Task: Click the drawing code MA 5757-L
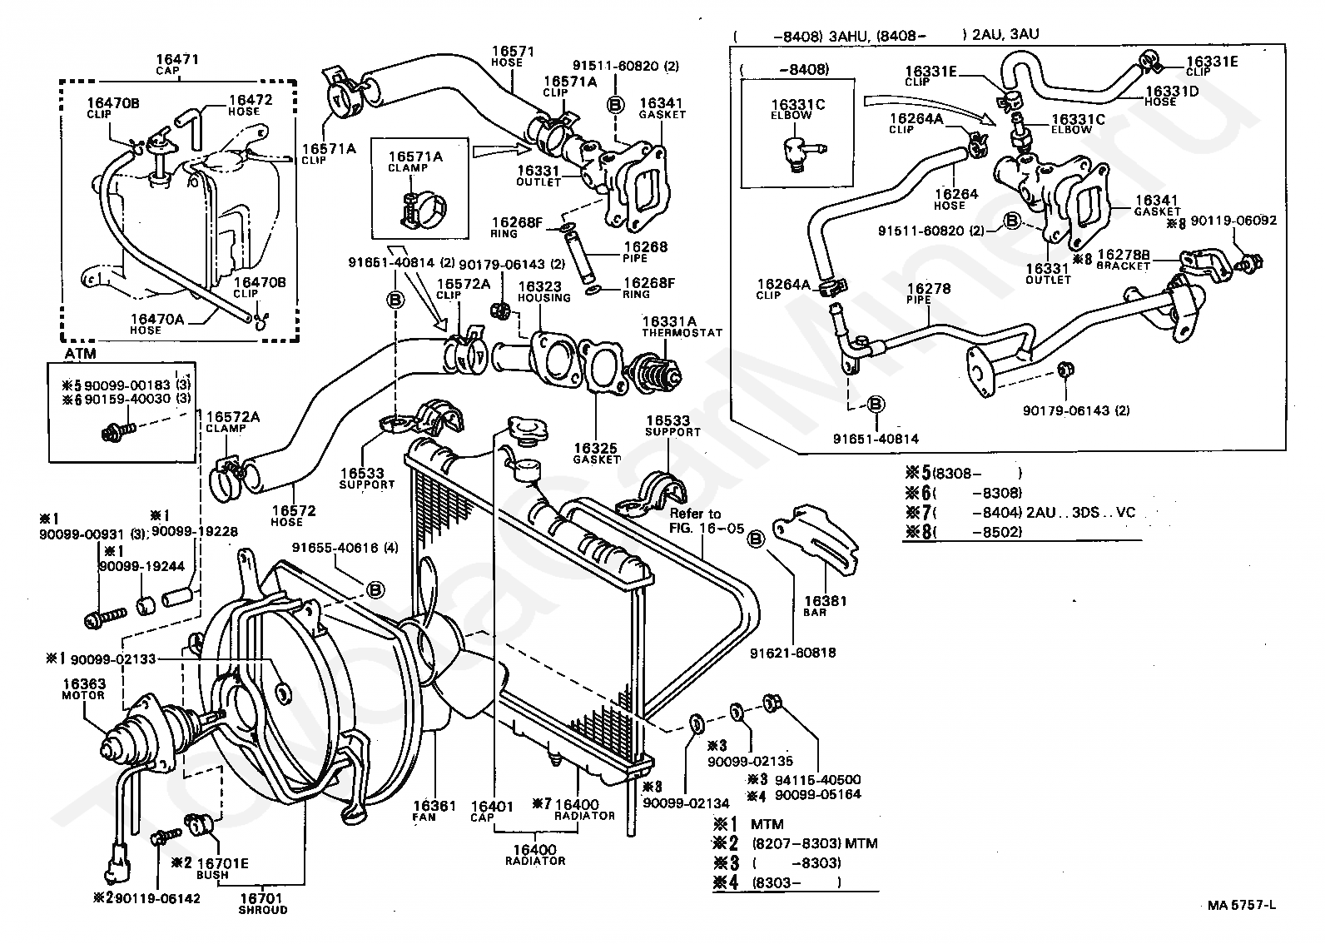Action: coord(1242,906)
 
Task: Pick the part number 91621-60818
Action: coord(796,653)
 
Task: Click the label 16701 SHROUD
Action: coord(262,903)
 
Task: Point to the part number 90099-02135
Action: coord(750,761)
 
